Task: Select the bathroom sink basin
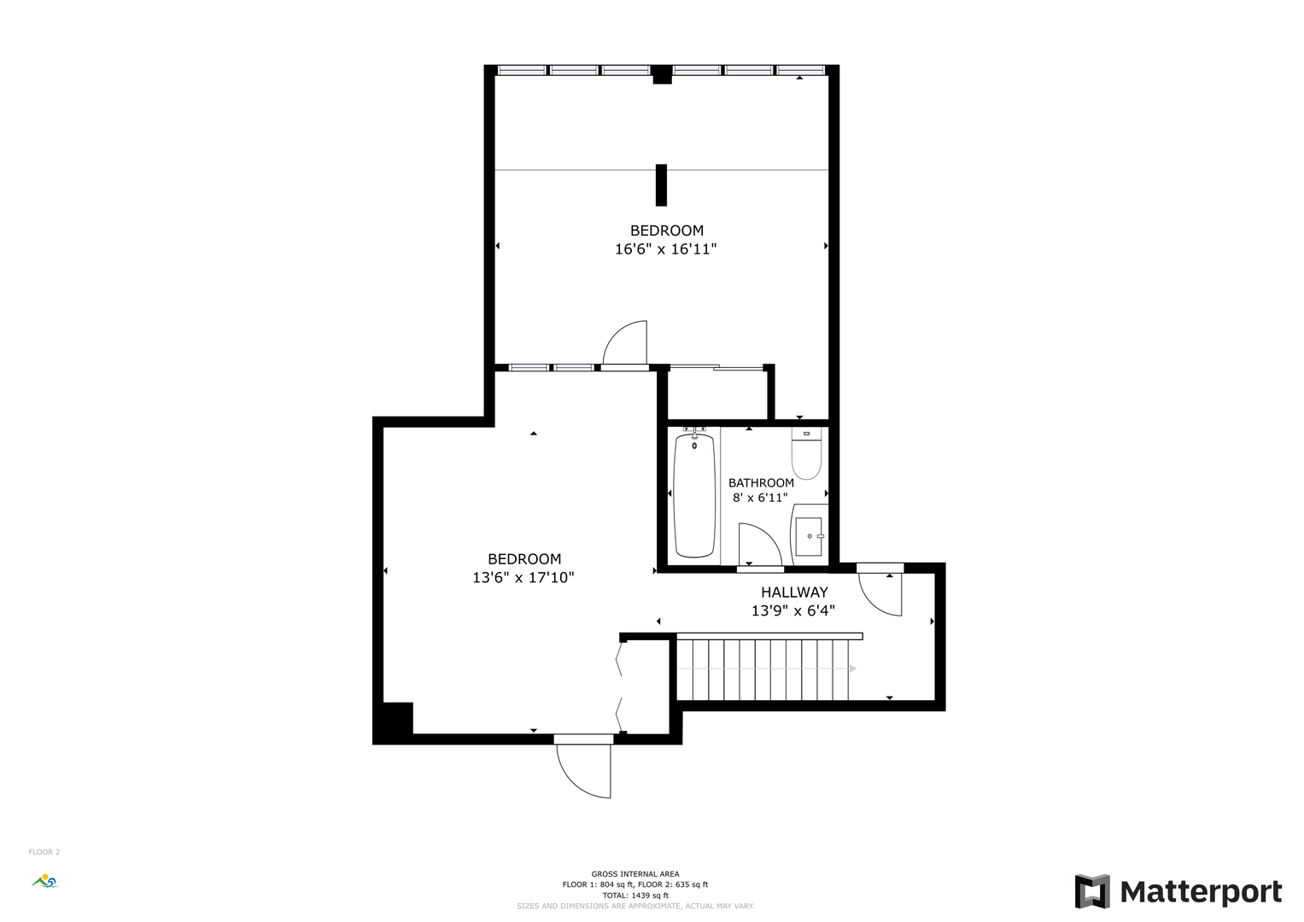pyautogui.click(x=809, y=536)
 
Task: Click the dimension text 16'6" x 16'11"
pyautogui.click(x=665, y=249)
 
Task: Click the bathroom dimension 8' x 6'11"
pyautogui.click(x=760, y=498)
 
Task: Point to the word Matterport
pyautogui.click(x=1201, y=892)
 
